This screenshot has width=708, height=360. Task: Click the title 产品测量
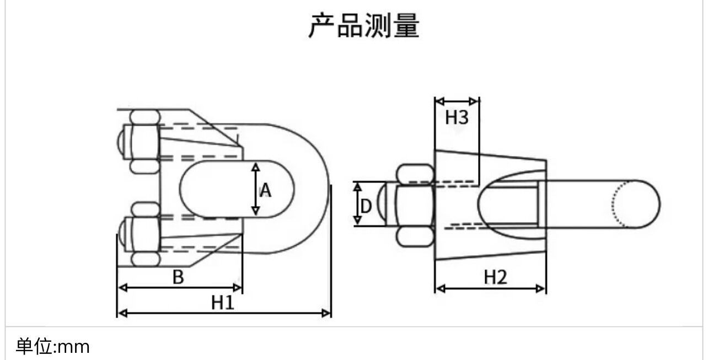click(364, 26)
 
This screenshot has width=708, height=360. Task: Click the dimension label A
click(266, 191)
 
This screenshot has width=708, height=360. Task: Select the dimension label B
click(178, 277)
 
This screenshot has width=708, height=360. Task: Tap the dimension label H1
click(223, 302)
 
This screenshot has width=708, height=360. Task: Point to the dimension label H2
click(495, 277)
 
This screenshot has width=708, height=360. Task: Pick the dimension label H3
click(457, 117)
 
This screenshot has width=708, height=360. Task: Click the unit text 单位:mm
click(52, 347)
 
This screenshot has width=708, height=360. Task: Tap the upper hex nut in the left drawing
click(144, 141)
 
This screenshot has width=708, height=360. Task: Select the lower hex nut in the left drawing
click(144, 234)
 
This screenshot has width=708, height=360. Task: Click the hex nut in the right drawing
click(414, 205)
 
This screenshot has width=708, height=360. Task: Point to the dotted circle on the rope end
click(620, 204)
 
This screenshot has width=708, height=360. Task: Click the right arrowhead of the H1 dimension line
click(327, 313)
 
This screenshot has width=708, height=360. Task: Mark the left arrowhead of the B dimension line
click(122, 287)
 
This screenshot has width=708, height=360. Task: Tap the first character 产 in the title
click(321, 26)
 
